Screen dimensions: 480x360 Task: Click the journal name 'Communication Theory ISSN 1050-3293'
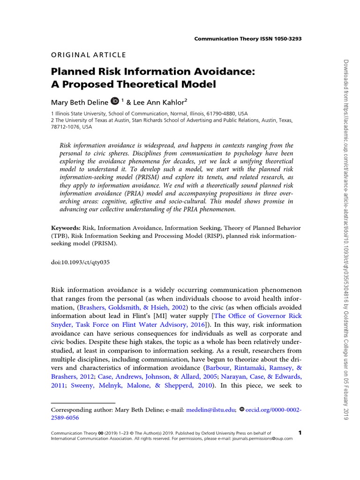[247, 38]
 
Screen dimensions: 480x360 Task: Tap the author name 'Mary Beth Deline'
[79, 101]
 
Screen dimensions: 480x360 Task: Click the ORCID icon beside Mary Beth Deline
[114, 100]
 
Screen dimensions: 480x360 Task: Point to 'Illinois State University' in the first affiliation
[80, 113]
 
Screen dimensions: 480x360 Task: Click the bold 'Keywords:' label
[66, 227]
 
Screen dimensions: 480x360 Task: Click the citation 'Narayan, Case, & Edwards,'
[258, 376]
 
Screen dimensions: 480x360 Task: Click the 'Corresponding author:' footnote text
[82, 409]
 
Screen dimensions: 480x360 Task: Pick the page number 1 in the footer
[300, 432]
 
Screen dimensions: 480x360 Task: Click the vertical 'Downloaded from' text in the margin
[347, 84]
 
